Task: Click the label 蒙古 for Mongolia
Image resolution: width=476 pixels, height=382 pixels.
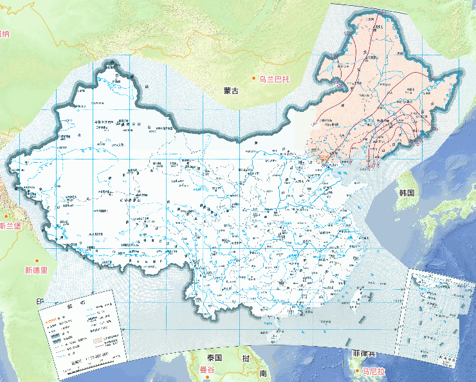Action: point(231,91)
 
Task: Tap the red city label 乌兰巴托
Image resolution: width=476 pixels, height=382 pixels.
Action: point(275,80)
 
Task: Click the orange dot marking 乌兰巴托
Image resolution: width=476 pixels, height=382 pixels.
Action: point(254,80)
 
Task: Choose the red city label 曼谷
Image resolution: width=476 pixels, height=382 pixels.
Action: point(207,370)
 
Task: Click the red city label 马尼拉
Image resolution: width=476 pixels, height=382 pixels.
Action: point(372,371)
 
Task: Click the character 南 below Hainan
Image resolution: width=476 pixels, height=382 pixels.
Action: point(262,373)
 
